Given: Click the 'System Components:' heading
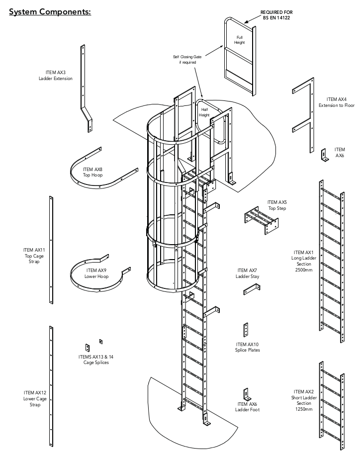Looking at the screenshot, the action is tap(50, 12).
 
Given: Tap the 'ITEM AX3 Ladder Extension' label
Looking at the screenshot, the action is tap(56, 76).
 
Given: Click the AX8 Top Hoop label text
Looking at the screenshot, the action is tap(92, 172).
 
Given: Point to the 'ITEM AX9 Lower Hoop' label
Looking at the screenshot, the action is tap(96, 274).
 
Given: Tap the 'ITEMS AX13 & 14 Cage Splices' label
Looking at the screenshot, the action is tap(96, 360).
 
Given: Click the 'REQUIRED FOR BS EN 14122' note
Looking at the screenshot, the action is tap(276, 15).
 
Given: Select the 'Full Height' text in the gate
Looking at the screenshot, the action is tap(239, 40).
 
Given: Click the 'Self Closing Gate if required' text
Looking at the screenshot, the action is tap(187, 60).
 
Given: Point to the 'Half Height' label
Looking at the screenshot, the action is tap(204, 112).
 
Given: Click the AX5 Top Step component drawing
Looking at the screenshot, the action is tap(261, 221).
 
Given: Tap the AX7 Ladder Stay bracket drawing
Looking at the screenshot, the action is tap(252, 289).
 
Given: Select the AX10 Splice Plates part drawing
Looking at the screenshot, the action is tap(246, 330).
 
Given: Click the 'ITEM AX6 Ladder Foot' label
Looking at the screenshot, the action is tap(247, 407).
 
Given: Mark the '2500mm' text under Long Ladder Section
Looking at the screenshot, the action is tap(304, 270).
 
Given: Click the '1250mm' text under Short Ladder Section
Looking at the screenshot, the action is tap(304, 409).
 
